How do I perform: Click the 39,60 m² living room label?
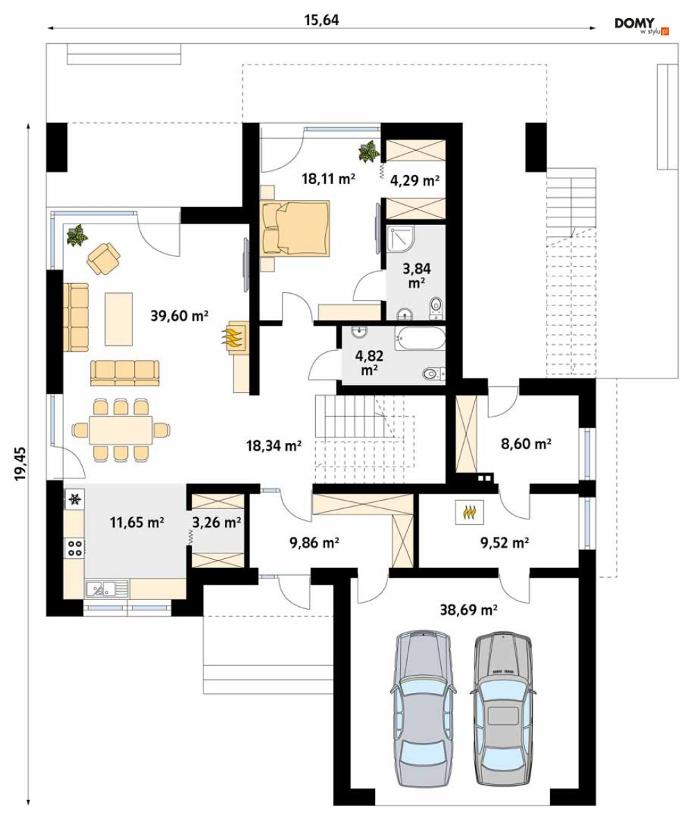(x=179, y=316)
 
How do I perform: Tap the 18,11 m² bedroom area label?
(x=328, y=179)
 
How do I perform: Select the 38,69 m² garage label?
(x=468, y=609)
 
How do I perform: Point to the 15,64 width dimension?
(x=322, y=20)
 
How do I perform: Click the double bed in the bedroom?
(x=295, y=228)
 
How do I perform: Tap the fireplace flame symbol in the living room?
(x=233, y=337)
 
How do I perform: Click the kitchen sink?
(x=107, y=589)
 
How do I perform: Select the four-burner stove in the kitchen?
(x=74, y=547)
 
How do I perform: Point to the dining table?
(x=121, y=429)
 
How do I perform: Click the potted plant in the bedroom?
(x=369, y=151)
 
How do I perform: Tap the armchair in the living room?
(x=104, y=259)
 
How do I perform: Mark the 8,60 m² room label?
(x=526, y=444)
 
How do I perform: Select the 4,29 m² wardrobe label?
(x=415, y=181)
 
